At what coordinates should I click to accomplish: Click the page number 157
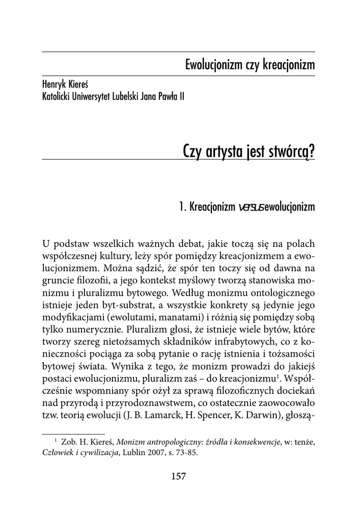tap(179, 476)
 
